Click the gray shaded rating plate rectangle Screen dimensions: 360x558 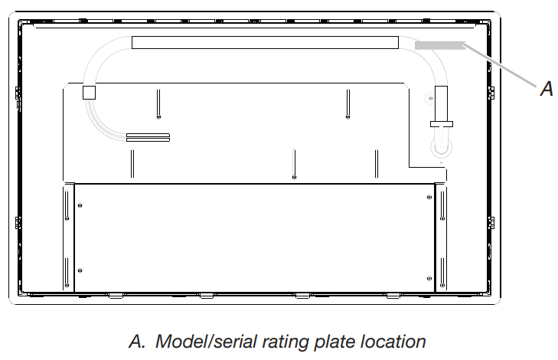click(x=440, y=45)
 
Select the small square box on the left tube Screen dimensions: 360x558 click(x=89, y=93)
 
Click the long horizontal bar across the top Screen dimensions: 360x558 click(x=265, y=42)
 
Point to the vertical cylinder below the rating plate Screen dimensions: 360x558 click(x=441, y=103)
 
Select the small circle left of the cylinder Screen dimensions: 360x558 click(x=429, y=97)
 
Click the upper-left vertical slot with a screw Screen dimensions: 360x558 click(x=157, y=103)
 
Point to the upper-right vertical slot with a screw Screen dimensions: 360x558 click(x=348, y=103)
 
